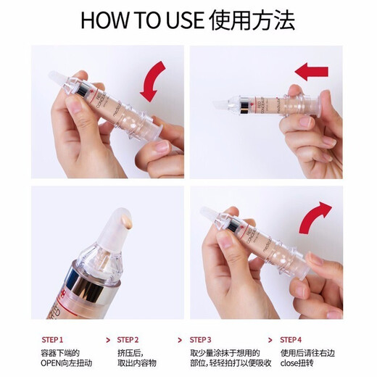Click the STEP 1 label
point(52,339)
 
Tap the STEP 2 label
point(128,339)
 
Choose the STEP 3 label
point(201,339)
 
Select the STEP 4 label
point(291,339)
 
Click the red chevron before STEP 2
point(109,339)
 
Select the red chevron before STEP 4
point(270,339)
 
